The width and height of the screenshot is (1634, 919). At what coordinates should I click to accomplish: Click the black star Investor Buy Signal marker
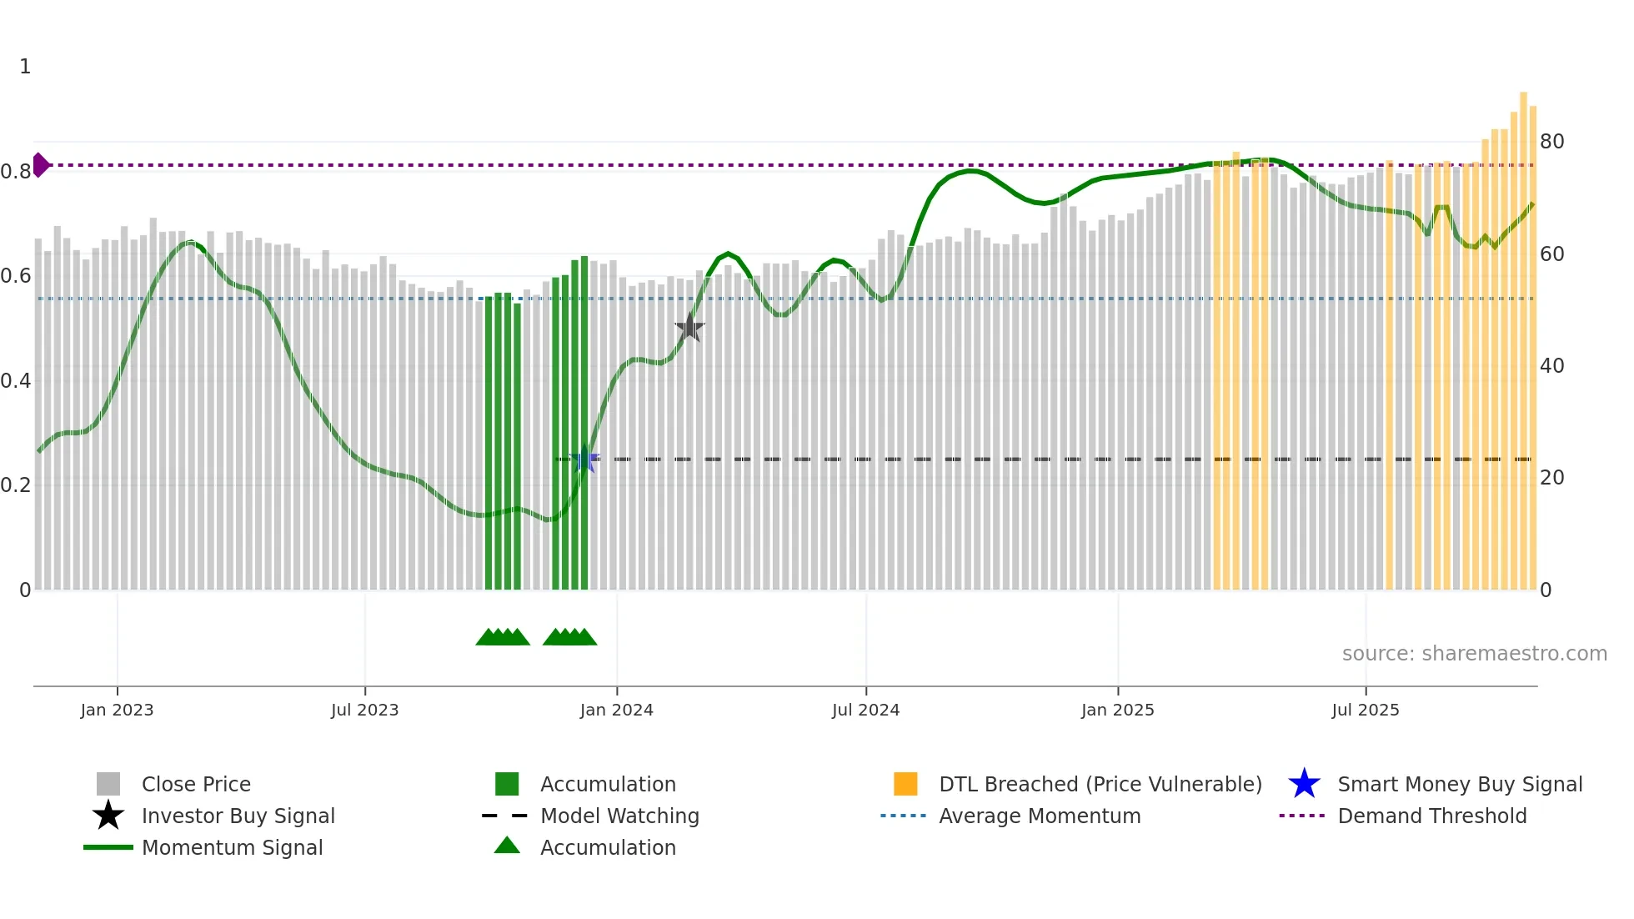[x=689, y=328]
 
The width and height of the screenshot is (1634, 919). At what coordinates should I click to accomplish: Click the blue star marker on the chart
[x=584, y=459]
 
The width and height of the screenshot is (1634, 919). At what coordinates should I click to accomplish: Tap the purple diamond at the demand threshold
[x=40, y=165]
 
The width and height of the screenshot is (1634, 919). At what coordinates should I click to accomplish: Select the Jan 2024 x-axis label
[x=616, y=710]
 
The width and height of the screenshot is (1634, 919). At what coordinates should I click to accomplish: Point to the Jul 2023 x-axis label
[x=364, y=710]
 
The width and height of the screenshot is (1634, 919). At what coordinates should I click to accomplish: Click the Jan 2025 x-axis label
[x=1117, y=710]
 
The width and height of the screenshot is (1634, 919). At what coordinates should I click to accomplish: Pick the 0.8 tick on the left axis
[x=16, y=172]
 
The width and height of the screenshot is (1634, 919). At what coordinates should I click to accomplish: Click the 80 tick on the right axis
[x=1551, y=142]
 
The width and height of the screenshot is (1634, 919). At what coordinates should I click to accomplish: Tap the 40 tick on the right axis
[x=1551, y=366]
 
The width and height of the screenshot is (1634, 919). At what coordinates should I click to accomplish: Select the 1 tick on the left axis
[x=25, y=67]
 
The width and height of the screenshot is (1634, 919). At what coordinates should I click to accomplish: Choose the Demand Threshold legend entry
[x=1431, y=816]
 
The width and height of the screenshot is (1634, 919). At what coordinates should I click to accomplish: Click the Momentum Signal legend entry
[x=232, y=847]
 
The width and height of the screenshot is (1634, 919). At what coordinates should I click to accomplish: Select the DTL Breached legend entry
[x=1100, y=784]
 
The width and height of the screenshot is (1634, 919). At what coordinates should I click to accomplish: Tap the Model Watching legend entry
[x=619, y=816]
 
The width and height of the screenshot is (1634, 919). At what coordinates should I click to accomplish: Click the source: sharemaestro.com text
[x=1474, y=654]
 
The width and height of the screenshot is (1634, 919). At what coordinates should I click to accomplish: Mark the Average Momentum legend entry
[x=1039, y=816]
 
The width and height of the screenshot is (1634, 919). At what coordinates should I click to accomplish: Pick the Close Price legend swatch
[x=108, y=784]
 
